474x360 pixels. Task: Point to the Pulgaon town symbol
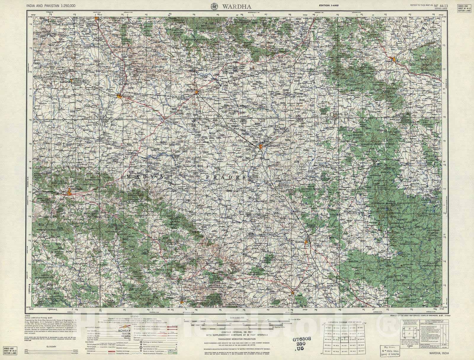coord(119,96)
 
